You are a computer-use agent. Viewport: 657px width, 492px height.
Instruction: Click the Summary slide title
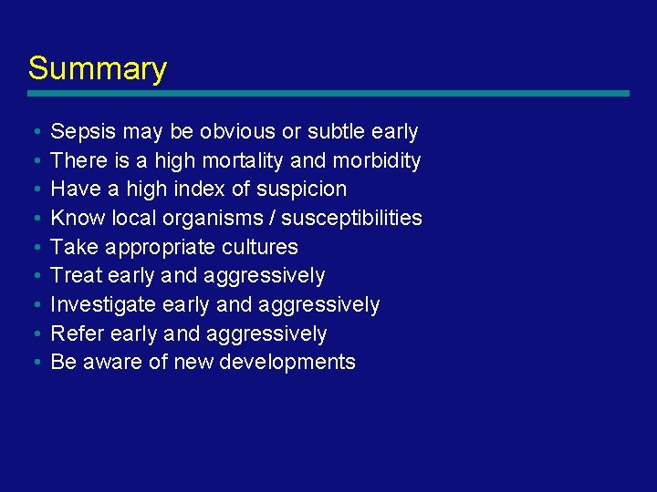click(x=97, y=69)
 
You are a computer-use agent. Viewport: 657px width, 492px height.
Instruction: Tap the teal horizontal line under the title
click(x=328, y=93)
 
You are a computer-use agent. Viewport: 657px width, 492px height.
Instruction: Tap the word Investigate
click(x=103, y=304)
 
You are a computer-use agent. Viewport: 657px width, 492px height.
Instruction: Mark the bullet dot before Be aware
click(x=33, y=363)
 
